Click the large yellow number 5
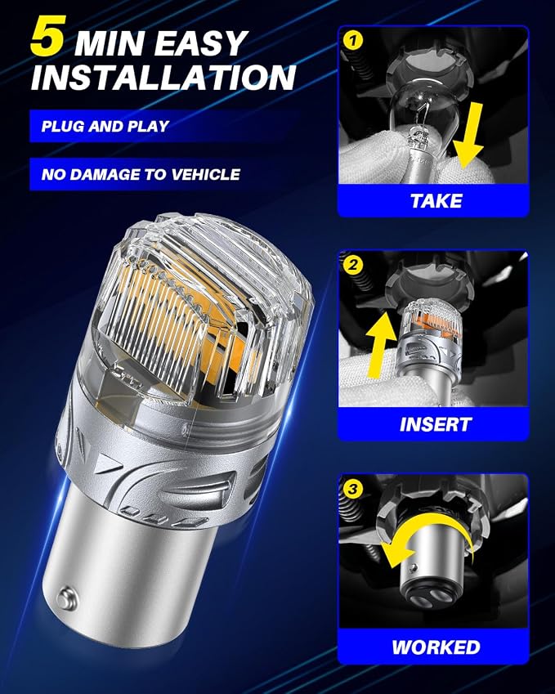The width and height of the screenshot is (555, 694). [49, 36]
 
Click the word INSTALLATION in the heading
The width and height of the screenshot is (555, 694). [163, 77]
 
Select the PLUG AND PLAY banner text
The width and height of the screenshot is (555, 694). [105, 126]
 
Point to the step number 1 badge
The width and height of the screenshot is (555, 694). [353, 41]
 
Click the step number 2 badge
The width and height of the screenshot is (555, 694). [353, 265]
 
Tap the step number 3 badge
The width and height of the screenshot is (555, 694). [353, 489]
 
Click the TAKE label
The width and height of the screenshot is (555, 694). [436, 201]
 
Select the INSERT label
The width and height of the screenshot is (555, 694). [435, 424]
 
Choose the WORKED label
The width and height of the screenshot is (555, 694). [436, 647]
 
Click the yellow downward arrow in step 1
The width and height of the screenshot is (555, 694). [468, 137]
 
